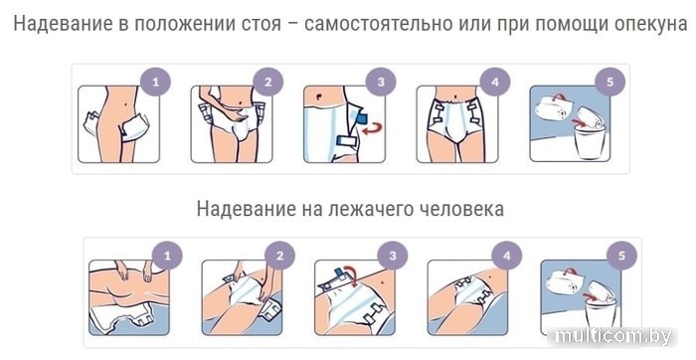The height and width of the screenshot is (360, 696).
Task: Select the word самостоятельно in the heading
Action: click(x=378, y=24)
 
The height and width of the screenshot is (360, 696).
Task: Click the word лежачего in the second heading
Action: click(x=368, y=209)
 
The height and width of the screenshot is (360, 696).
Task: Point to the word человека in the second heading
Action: click(x=459, y=208)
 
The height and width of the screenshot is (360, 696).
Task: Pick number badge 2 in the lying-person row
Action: click(x=280, y=255)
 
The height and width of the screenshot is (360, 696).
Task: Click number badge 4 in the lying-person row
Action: click(x=507, y=255)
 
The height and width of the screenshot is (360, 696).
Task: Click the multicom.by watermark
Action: click(x=613, y=336)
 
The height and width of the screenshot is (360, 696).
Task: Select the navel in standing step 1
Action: click(x=128, y=104)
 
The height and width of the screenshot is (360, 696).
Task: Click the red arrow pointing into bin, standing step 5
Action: click(x=577, y=121)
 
